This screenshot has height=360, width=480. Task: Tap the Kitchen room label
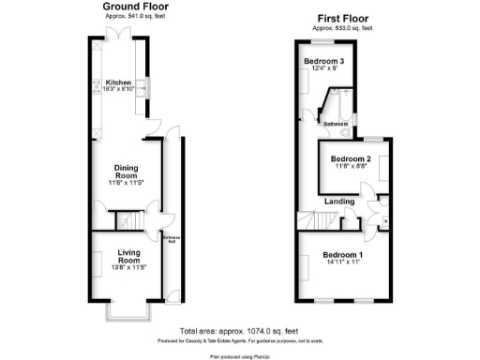119,81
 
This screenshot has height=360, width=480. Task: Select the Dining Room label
127,172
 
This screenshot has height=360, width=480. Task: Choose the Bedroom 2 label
351,158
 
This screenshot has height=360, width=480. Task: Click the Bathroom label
336,124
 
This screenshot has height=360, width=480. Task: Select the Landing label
338,201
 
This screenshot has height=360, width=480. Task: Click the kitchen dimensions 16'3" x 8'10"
119,89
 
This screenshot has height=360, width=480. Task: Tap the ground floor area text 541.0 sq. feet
127,15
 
